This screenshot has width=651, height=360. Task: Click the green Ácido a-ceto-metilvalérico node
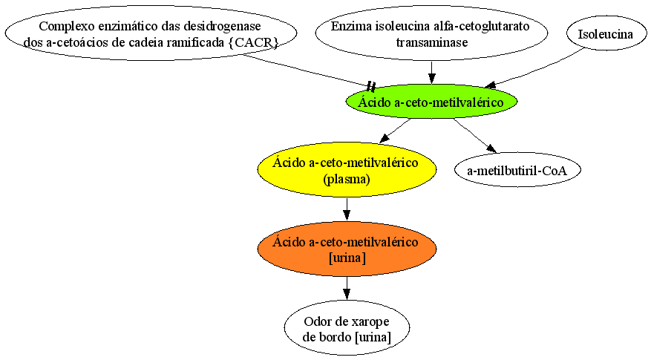[432, 102]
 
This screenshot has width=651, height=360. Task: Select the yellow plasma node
[347, 170]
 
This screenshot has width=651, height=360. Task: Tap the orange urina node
[347, 249]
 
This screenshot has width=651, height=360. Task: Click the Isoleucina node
[605, 33]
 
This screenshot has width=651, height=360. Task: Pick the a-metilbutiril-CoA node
[517, 170]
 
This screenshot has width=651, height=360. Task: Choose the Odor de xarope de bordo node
[347, 328]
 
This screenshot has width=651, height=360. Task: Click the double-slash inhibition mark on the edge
[371, 87]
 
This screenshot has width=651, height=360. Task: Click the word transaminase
[432, 42]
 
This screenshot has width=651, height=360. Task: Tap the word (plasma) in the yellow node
[347, 179]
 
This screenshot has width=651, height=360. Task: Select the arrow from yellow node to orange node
[347, 209]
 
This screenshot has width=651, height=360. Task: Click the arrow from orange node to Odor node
[347, 288]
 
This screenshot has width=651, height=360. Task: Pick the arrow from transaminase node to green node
[432, 73]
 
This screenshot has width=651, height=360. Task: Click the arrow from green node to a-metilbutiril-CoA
[475, 136]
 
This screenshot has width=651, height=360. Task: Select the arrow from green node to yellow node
[395, 131]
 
